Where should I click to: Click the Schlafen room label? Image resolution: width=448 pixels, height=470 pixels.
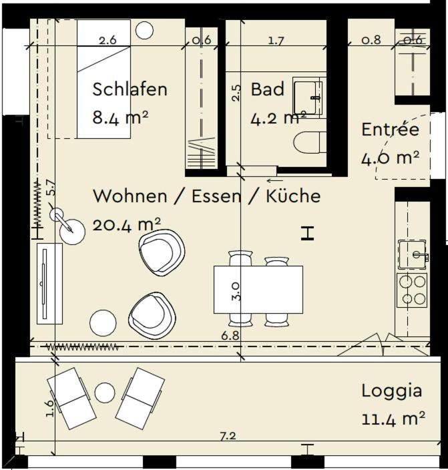pyautogui.click(x=130, y=89)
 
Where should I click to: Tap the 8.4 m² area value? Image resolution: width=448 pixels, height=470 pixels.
pyautogui.click(x=120, y=118)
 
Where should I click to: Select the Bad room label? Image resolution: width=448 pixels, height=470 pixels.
pyautogui.click(x=267, y=89)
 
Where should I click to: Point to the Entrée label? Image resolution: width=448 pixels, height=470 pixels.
pyautogui.click(x=390, y=129)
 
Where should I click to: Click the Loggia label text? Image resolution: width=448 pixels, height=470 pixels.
pyautogui.click(x=391, y=391)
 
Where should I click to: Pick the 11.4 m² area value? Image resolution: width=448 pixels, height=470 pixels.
pyautogui.click(x=393, y=419)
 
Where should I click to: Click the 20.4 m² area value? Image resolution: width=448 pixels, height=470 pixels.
pyautogui.click(x=126, y=225)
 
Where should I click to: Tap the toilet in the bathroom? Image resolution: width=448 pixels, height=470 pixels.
pyautogui.click(x=310, y=142)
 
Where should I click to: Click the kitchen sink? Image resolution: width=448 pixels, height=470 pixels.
pyautogui.click(x=413, y=254)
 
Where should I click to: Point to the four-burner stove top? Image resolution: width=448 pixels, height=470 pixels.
pyautogui.click(x=412, y=290)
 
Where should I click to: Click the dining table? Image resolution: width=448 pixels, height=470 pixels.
pyautogui.click(x=258, y=289)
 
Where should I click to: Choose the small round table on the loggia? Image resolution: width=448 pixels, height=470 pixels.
pyautogui.click(x=105, y=392)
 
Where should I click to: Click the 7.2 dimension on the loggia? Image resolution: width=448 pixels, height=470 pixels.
pyautogui.click(x=228, y=437)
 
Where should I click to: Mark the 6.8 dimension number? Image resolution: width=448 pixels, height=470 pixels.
pyautogui.click(x=230, y=336)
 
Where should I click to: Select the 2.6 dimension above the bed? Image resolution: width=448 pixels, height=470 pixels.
pyautogui.click(x=107, y=40)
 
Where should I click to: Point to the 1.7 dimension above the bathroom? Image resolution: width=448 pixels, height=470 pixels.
pyautogui.click(x=276, y=41)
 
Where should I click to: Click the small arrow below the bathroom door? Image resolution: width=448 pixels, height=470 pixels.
pyautogui.click(x=274, y=180)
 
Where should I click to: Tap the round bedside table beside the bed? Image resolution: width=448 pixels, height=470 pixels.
pyautogui.click(x=144, y=29)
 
